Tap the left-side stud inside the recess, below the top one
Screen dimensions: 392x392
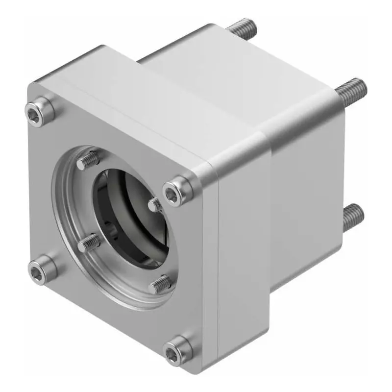pos(89,242)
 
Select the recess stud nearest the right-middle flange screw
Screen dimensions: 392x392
pos(156,205)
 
